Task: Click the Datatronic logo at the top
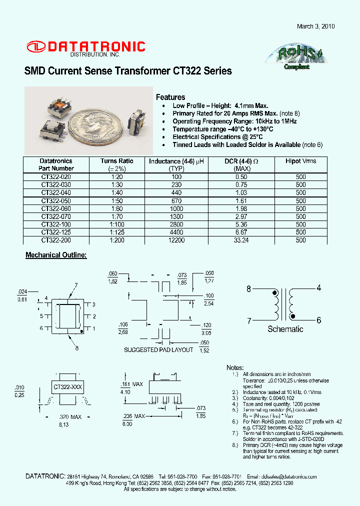click(85, 47)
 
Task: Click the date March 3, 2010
click(315, 26)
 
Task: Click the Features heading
click(170, 97)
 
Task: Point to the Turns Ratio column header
click(116, 161)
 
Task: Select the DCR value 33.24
click(241, 240)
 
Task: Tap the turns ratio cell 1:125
click(116, 232)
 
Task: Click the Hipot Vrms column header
click(300, 161)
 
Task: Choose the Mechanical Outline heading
click(56, 255)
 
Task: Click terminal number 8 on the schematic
click(248, 288)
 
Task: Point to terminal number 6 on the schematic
click(318, 320)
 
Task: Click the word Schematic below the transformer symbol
click(285, 329)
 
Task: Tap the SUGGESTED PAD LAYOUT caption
click(158, 350)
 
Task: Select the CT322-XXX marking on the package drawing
click(68, 387)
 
